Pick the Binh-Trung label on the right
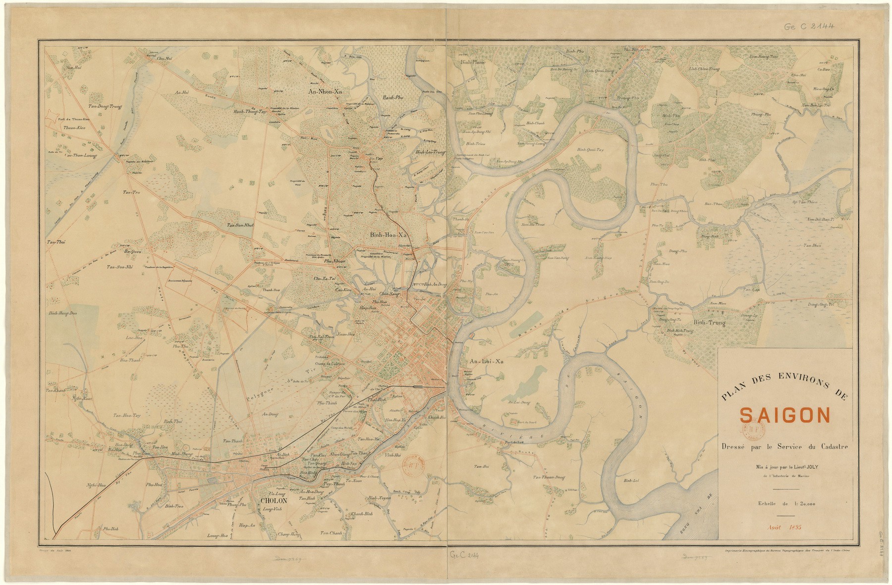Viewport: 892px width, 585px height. coord(709,323)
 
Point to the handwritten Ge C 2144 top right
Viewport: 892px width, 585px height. coord(809,26)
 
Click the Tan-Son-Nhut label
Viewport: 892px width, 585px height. coord(240,225)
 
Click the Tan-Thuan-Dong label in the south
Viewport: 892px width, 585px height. coord(549,477)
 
